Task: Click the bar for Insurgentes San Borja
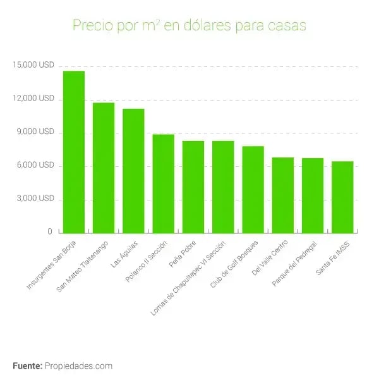pyautogui.click(x=73, y=152)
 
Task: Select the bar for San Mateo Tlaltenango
pyautogui.click(x=104, y=168)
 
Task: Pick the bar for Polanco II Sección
pyautogui.click(x=163, y=183)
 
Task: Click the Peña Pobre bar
pyautogui.click(x=193, y=187)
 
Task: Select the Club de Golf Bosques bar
pyautogui.click(x=253, y=189)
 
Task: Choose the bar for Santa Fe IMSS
pyautogui.click(x=342, y=197)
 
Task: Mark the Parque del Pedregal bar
pyautogui.click(x=313, y=195)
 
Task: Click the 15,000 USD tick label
pyautogui.click(x=37, y=66)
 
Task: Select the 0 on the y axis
pyautogui.click(x=49, y=232)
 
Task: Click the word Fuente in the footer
pyautogui.click(x=27, y=365)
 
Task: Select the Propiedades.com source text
pyautogui.click(x=78, y=365)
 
